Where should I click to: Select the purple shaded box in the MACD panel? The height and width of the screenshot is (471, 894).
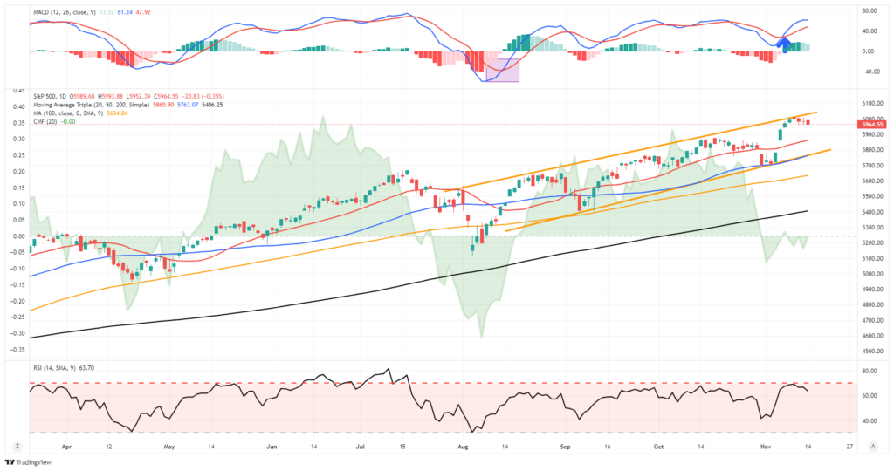pyautogui.click(x=502, y=70)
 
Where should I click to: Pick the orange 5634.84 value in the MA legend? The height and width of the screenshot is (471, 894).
pyautogui.click(x=117, y=113)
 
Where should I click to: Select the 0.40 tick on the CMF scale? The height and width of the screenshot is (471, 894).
pyautogui.click(x=16, y=106)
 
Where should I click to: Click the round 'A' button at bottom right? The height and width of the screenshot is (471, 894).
pyautogui.click(x=873, y=445)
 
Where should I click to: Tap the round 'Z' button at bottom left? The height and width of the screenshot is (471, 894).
pyautogui.click(x=11, y=445)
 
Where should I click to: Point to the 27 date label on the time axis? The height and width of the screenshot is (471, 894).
pyautogui.click(x=849, y=445)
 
